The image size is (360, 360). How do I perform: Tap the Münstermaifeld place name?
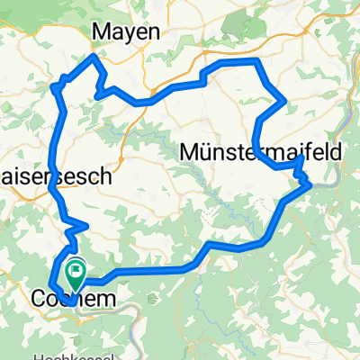point(261,152)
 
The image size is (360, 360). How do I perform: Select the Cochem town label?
point(71,297)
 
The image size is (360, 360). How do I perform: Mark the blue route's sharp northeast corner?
point(260,60)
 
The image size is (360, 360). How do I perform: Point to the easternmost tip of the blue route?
point(310,184)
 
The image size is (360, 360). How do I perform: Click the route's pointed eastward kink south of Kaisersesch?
point(86,224)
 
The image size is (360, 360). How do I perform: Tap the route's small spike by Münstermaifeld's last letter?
point(300,158)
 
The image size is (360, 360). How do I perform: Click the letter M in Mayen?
point(103,31)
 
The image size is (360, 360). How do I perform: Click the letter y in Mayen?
point(128,33)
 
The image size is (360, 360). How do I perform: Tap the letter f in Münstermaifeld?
point(316,152)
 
